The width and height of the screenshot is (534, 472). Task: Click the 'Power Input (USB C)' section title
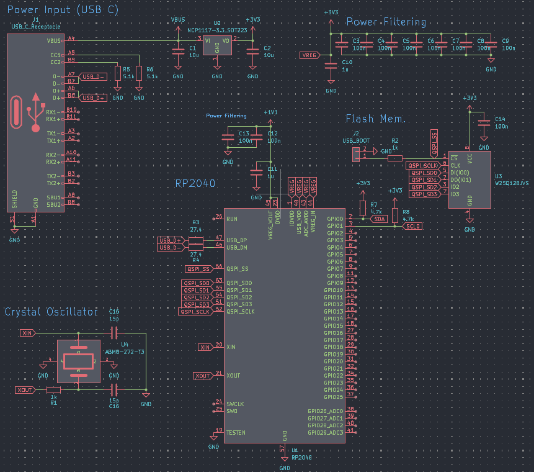point(63,10)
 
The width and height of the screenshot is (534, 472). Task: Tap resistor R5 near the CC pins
point(117,73)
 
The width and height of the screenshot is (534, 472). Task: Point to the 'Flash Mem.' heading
point(376,119)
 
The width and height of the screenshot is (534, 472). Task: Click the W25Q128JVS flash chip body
point(469,179)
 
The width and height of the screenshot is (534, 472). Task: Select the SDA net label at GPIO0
point(378,219)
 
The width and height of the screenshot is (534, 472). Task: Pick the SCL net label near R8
point(412,226)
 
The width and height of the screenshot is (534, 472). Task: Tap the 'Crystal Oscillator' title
point(51,312)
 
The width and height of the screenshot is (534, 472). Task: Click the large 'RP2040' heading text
point(195,183)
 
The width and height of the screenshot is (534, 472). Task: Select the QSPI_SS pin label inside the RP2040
point(238,269)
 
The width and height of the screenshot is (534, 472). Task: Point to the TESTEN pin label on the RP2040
point(236,432)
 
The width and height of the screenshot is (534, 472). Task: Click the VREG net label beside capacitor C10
point(309,55)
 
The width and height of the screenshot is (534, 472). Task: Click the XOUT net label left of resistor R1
point(25,390)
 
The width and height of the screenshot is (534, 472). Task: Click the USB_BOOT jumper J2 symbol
point(356,153)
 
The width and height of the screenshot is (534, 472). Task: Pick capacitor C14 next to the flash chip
point(483,123)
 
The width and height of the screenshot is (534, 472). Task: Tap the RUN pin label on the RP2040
point(231,219)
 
